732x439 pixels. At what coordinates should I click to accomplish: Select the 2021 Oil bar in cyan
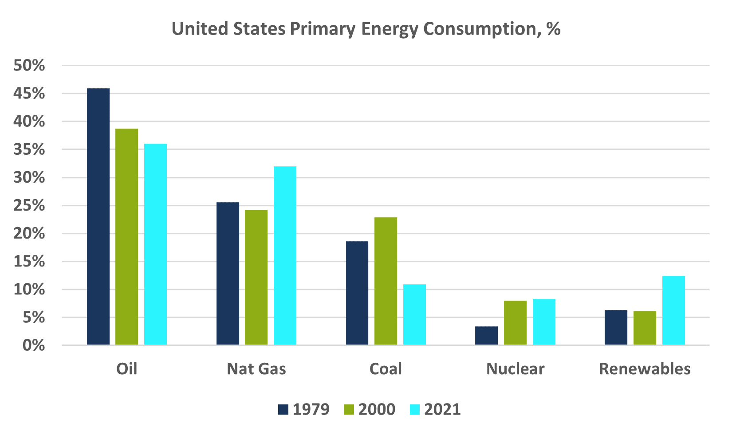point(155,244)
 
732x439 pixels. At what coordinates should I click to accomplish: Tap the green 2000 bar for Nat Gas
point(256,277)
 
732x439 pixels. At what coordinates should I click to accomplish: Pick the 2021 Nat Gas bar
point(285,255)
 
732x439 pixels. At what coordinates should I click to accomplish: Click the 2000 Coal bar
point(386,281)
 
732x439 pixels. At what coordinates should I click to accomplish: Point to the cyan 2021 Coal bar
point(414,314)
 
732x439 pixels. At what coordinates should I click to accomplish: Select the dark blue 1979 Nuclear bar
point(486,336)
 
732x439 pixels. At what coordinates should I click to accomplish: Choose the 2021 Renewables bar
point(673,310)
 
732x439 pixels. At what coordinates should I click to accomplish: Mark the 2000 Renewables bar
point(645,328)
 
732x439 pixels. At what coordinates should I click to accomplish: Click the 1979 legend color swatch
point(283,409)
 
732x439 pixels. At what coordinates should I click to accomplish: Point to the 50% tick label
point(29,66)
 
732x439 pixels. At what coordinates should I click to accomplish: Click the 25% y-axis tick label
point(29,206)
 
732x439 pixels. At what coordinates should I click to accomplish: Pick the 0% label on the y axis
point(34,345)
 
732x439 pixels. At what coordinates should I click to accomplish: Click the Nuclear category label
point(515,369)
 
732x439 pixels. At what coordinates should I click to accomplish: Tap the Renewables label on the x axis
point(645,369)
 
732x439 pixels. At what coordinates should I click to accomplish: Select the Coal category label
point(386,369)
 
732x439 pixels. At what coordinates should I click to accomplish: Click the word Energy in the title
point(389,29)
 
